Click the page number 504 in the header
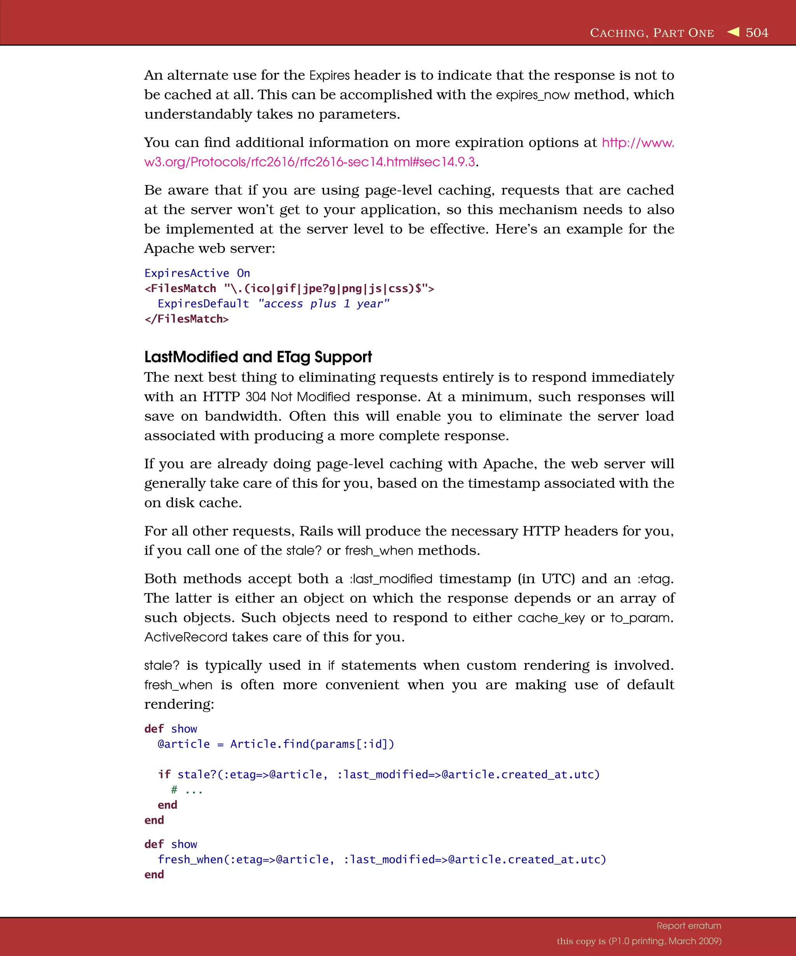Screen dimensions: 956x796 coord(756,33)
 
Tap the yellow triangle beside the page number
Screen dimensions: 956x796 coord(733,32)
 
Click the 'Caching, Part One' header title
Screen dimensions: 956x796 coord(652,33)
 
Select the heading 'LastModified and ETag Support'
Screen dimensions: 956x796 coord(258,357)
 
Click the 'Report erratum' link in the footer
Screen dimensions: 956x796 coord(689,926)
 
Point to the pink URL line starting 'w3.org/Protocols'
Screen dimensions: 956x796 coord(309,162)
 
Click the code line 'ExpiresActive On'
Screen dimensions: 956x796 coord(197,273)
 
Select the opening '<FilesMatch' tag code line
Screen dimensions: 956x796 coord(289,289)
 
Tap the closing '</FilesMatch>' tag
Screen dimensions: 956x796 coord(187,319)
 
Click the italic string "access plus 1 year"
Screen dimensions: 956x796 coord(323,304)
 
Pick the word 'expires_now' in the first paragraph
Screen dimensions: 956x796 coord(532,95)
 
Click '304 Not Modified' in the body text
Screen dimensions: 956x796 coord(297,397)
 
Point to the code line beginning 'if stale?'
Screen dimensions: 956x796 coord(379,774)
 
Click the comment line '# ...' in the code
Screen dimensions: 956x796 coord(187,790)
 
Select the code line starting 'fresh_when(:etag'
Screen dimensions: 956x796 coord(381,860)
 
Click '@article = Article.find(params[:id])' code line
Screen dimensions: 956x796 coord(276,744)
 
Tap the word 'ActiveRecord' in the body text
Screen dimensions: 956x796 coord(185,637)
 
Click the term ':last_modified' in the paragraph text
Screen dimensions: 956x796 coord(391,579)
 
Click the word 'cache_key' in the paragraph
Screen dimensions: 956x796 coord(551,618)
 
